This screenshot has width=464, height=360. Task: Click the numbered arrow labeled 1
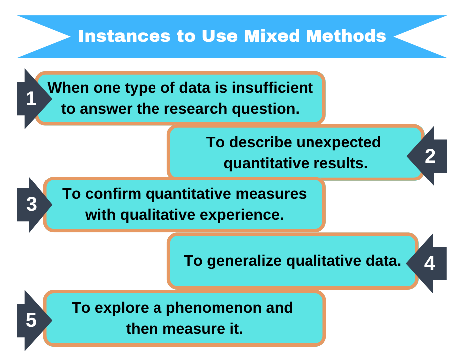coord(31,99)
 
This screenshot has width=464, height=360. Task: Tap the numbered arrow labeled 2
coord(429,156)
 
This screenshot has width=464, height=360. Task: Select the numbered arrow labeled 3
coord(31,204)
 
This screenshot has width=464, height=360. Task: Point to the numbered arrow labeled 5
coord(31,320)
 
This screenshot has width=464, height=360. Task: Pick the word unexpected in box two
coord(338,142)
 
